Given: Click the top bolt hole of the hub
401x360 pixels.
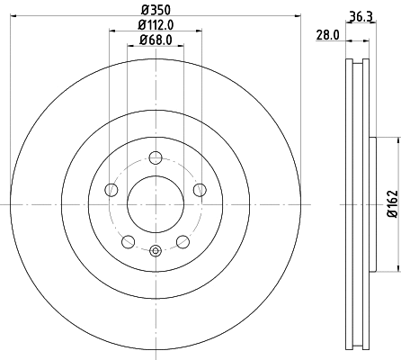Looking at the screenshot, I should pos(155,157).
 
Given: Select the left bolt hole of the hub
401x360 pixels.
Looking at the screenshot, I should pos(111,189).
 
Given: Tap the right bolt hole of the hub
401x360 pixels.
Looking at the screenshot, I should pos(199,189).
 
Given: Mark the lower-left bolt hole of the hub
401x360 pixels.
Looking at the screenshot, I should pos(128,240).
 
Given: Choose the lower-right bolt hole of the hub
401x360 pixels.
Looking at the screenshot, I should pos(183,240).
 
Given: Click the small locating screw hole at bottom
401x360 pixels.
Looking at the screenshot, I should pos(155,251).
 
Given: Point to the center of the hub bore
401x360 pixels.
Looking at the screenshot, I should pos(155,202).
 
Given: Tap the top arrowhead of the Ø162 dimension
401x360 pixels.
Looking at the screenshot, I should pos(397,140).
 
